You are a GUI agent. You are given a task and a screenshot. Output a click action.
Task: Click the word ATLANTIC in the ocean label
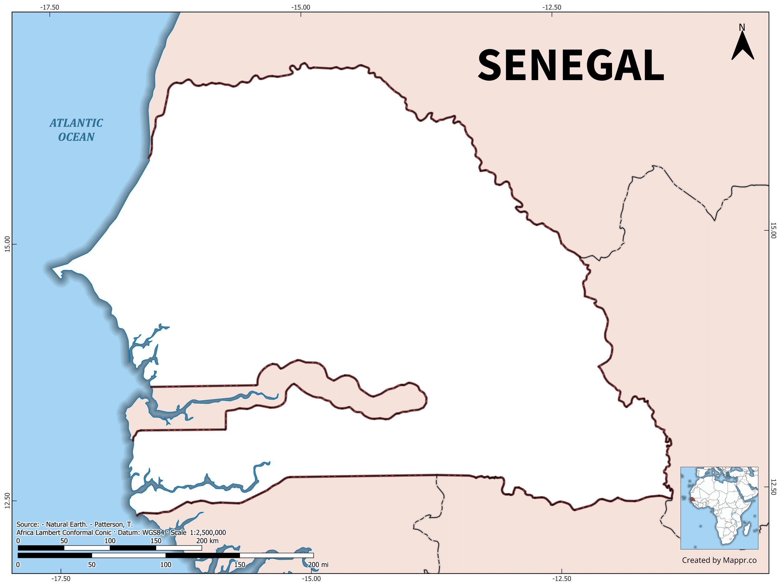pos(76,123)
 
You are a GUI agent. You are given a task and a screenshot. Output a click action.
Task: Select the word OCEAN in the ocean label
pos(76,137)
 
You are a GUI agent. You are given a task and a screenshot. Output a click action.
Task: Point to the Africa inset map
pos(719,508)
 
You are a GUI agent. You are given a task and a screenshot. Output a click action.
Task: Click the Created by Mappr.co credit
pos(719,560)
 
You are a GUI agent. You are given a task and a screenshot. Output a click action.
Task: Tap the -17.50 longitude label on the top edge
pos(50,7)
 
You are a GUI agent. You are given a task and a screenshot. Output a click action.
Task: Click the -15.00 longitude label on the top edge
pos(301,7)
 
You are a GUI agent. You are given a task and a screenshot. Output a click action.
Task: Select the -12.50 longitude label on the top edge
pos(552,7)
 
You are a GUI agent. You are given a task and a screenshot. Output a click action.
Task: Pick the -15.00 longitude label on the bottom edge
pos(311,578)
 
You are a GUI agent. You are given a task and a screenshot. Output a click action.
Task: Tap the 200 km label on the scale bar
pos(207,541)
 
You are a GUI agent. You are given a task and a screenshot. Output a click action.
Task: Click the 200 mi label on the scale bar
pos(318,564)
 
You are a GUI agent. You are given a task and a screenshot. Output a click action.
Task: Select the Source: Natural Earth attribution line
pos(74,524)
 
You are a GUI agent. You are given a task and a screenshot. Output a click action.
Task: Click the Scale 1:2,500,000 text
pos(198,533)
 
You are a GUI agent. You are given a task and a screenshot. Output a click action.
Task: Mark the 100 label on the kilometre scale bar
pos(110,541)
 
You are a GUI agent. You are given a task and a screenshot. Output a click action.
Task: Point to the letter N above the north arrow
pos(742,28)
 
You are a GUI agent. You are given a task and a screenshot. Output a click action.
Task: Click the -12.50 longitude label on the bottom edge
pos(561,578)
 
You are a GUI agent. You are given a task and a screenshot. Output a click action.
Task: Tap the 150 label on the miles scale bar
pos(240,564)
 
